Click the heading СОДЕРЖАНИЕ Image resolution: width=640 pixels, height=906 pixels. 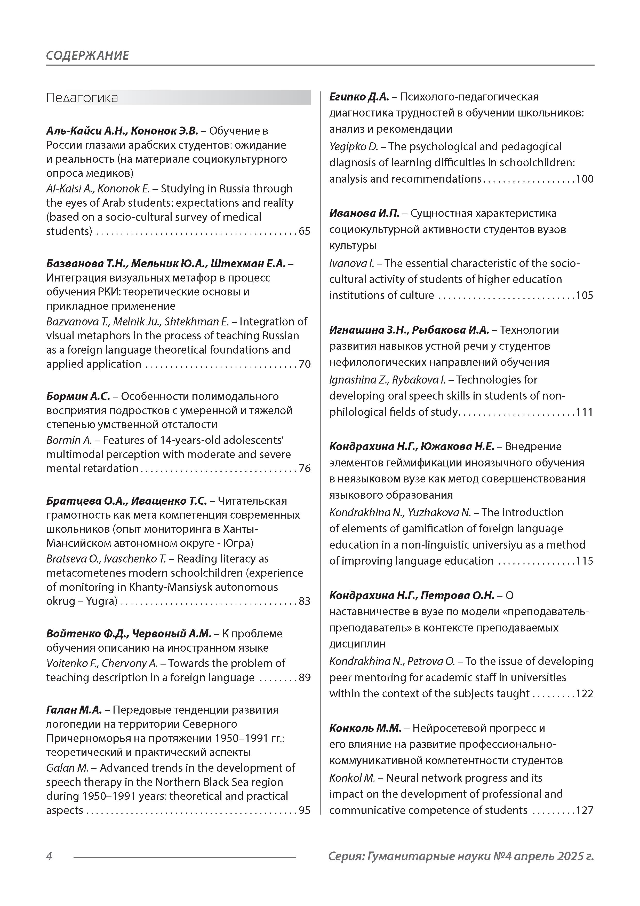pos(87,55)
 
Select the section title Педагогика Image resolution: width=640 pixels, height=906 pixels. pos(82,98)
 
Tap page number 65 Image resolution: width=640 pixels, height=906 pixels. pos(305,231)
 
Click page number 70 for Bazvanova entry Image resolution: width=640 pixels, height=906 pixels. pos(305,364)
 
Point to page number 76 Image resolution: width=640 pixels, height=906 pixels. pos(305,468)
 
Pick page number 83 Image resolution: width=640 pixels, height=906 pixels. pos(305,601)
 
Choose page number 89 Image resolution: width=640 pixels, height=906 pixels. pos(305,677)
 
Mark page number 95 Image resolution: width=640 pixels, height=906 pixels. pos(305,810)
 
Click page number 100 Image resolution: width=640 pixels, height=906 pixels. pos(585,179)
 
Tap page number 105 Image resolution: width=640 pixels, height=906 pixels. pos(585,295)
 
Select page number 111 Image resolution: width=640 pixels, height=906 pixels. pos(585,412)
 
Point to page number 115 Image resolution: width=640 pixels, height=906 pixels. pos(585,561)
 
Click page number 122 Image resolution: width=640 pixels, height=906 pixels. pos(585,694)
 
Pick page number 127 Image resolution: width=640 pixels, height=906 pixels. pos(585,810)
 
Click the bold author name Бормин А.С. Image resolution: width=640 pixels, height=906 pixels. pos(78,396)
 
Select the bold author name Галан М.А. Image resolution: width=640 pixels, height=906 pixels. pos(74,710)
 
